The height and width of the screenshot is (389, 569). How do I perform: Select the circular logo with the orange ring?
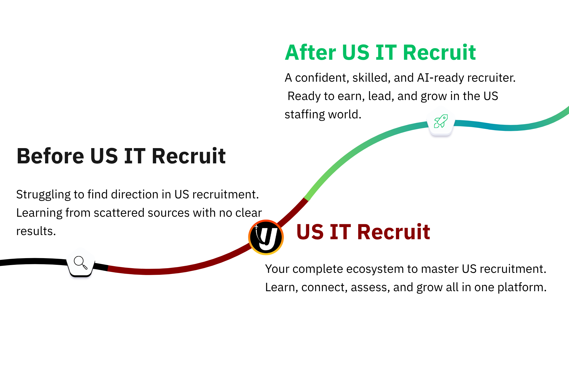tap(266, 237)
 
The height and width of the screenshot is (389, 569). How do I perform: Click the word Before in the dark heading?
tap(50, 156)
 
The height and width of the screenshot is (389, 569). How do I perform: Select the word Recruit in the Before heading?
tap(189, 156)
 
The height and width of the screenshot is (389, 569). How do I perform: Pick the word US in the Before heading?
tap(104, 156)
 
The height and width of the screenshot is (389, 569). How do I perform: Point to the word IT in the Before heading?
tap(135, 156)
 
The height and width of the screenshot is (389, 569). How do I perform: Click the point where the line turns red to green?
tap(306, 199)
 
